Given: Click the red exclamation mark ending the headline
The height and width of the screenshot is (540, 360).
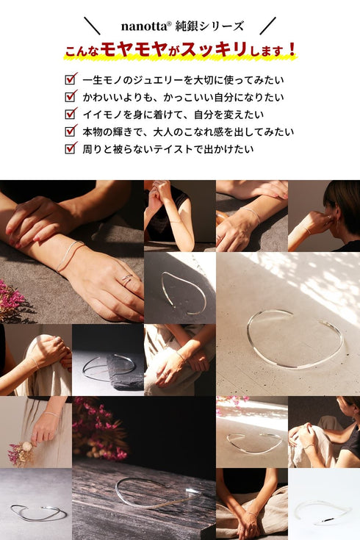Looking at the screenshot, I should (292, 51).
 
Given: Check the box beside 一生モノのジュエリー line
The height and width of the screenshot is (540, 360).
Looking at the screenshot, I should (71, 79).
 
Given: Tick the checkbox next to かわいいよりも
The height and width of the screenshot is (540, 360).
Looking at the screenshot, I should (71, 96).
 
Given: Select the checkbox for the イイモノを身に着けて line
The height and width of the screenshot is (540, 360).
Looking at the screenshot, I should (71, 114).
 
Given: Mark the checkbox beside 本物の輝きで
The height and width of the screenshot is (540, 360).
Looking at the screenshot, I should (71, 132).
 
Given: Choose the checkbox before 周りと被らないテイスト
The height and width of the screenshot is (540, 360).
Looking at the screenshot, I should (71, 148).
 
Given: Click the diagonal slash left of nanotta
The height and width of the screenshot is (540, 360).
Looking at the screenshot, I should (92, 26).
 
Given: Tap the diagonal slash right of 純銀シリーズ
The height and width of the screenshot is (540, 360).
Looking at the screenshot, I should (267, 26).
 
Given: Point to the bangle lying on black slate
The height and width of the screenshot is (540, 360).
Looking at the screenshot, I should (107, 365).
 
